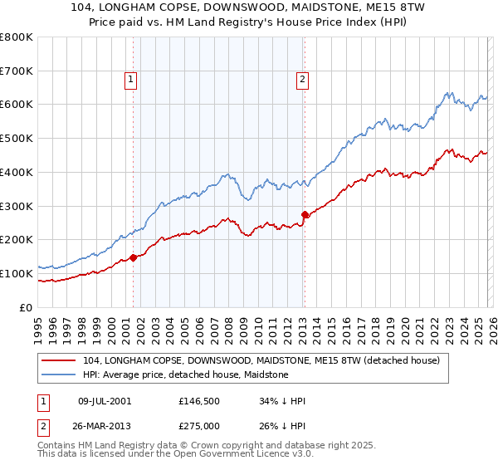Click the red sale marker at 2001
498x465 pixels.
click(x=134, y=257)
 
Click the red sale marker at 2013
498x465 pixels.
click(x=305, y=214)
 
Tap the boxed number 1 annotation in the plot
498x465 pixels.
click(x=131, y=80)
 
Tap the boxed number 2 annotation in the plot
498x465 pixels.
click(x=302, y=80)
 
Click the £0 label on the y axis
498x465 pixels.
click(x=27, y=307)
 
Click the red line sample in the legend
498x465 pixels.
click(x=59, y=361)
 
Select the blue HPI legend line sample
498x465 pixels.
click(x=59, y=374)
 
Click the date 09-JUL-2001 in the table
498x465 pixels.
click(x=104, y=401)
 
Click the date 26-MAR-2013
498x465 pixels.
click(x=104, y=426)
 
